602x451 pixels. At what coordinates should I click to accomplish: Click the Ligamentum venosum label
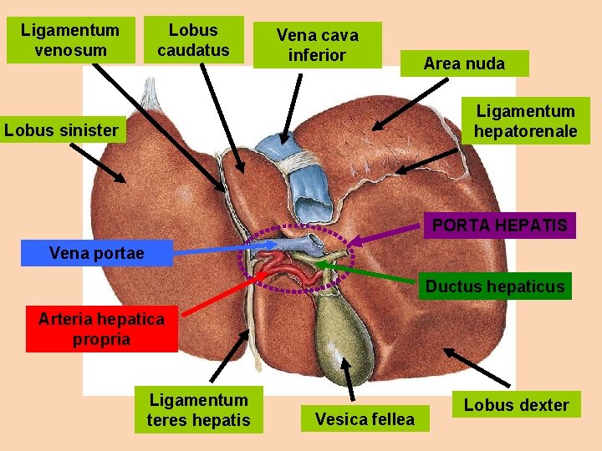pos(70,40)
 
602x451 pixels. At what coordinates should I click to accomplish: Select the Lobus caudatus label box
pos(193,40)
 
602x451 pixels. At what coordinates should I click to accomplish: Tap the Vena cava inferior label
pos(317,45)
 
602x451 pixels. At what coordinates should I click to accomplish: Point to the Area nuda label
pos(464,63)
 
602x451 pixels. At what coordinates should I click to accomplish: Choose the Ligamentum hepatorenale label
pos(525,121)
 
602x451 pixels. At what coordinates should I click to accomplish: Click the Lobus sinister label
pos(61,130)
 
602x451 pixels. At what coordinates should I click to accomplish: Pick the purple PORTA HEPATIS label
pos(499,225)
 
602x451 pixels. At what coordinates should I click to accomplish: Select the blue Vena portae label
pos(96,253)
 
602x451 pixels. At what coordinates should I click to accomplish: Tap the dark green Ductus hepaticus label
pos(495,286)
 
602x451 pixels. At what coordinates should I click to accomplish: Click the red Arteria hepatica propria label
pos(101,328)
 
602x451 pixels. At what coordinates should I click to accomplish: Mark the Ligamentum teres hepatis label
pos(198,410)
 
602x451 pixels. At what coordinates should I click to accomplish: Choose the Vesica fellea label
pos(365,418)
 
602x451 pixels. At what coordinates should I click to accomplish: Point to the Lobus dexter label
pos(516,406)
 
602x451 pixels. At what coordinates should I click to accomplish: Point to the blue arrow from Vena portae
pos(226,248)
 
